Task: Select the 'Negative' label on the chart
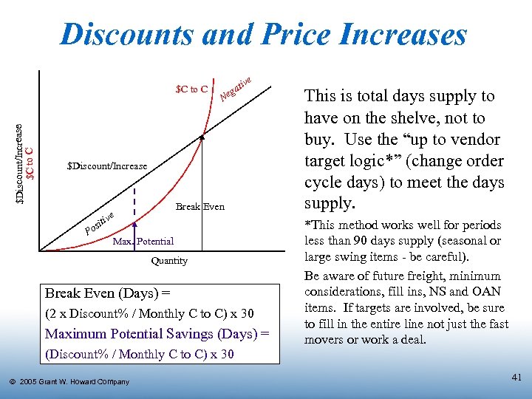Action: click(237, 88)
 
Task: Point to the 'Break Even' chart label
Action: click(199, 207)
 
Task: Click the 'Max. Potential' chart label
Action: click(143, 242)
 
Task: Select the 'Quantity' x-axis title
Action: click(169, 261)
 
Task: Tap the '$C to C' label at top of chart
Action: click(191, 90)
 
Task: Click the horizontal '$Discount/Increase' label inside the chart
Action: click(107, 167)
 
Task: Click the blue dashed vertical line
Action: click(134, 199)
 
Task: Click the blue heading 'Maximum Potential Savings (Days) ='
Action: click(157, 335)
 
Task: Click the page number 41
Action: click(516, 378)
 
